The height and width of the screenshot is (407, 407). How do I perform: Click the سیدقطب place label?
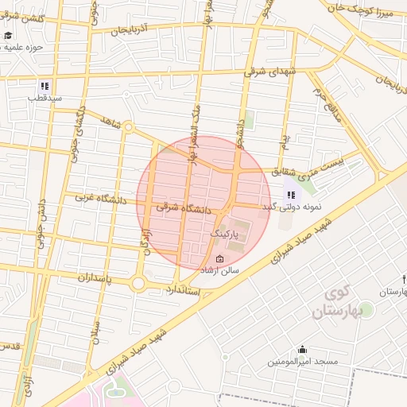pyautogui.click(x=45, y=99)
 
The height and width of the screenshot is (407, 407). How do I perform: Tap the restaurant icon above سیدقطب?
pyautogui.click(x=45, y=86)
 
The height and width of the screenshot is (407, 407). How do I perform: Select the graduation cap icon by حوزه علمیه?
pyautogui.click(x=8, y=36)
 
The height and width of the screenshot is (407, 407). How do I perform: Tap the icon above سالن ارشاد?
pyautogui.click(x=220, y=258)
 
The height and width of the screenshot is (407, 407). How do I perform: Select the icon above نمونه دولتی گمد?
pyautogui.click(x=291, y=194)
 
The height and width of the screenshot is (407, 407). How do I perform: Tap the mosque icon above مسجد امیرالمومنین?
pyautogui.click(x=302, y=349)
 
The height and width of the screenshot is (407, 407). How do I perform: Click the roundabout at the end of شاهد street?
pyautogui.click(x=127, y=127)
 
